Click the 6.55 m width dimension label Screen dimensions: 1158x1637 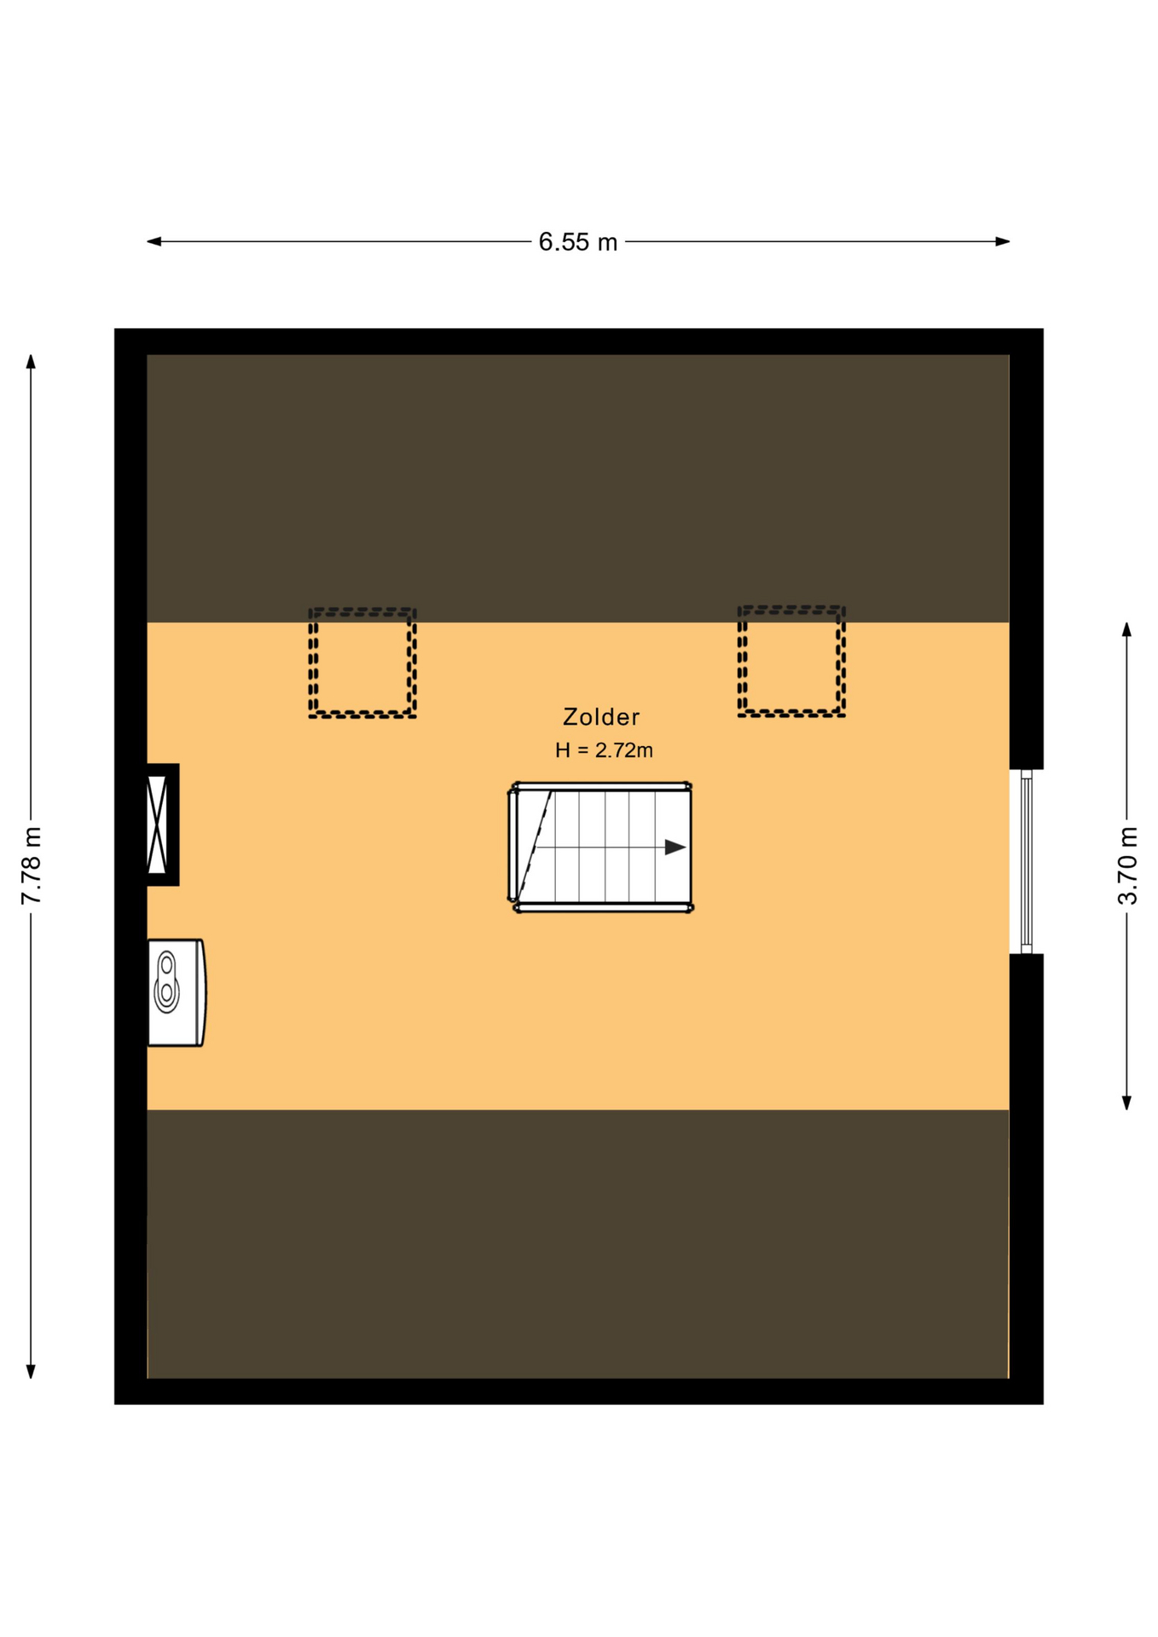tap(577, 242)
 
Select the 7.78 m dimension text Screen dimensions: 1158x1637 tap(31, 865)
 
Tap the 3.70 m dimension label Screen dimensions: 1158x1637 tap(1127, 865)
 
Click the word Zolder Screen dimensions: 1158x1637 tap(601, 717)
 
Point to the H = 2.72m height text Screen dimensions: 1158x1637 tap(604, 750)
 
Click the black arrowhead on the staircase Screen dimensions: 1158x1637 tap(675, 847)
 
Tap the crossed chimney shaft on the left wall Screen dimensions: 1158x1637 tap(158, 824)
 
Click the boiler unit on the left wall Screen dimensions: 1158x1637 tap(177, 992)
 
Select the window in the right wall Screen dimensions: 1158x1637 tap(1027, 861)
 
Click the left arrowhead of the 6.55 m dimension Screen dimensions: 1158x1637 tap(154, 241)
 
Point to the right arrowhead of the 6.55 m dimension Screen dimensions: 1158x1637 tap(1003, 241)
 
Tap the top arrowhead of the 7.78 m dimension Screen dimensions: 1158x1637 tap(31, 362)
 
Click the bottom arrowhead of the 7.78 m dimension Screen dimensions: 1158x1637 tap(31, 1371)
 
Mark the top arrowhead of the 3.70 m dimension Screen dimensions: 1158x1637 tap(1126, 630)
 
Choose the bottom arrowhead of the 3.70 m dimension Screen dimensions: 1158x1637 tap(1126, 1102)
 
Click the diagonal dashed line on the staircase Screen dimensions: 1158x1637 tap(535, 847)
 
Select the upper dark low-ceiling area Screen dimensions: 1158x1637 tap(578, 489)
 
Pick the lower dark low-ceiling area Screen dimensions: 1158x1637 tap(578, 1244)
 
